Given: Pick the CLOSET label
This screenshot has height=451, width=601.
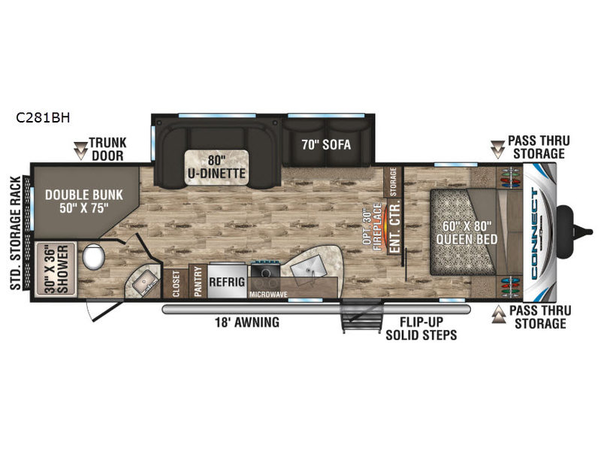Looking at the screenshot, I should (177, 283).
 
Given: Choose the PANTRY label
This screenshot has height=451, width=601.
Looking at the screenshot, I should (199, 282).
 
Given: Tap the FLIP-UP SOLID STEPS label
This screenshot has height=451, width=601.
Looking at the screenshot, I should (421, 328).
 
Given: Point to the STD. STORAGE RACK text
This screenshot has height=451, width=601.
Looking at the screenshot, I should (13, 233).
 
